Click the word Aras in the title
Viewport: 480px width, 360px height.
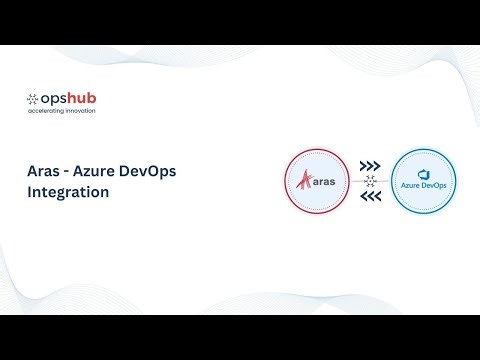coord(46,170)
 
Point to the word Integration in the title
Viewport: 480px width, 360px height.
coord(68,192)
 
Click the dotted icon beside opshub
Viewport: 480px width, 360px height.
coord(33,98)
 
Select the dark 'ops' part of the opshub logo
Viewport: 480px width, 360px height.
coord(54,98)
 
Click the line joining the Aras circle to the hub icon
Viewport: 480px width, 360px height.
coord(354,181)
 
